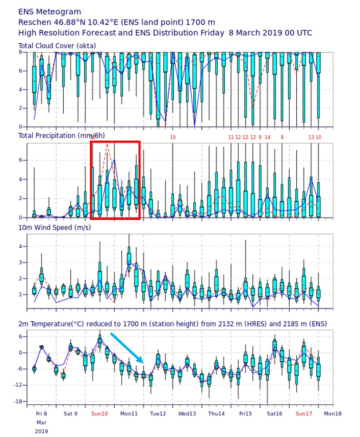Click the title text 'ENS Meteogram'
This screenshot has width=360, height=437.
50,12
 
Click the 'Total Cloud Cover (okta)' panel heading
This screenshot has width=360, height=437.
57,46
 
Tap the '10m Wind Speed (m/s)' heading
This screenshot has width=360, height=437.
55,227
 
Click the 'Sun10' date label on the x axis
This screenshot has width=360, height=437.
100,414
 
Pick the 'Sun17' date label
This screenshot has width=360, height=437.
304,414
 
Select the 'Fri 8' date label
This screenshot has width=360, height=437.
41,414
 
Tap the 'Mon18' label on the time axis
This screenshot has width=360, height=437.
333,414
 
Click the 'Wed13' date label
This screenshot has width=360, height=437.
187,414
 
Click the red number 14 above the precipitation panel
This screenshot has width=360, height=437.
268,137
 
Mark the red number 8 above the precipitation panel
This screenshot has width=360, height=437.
282,137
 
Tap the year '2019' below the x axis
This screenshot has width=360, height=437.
41,431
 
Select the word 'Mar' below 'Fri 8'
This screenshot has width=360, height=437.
41,423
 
